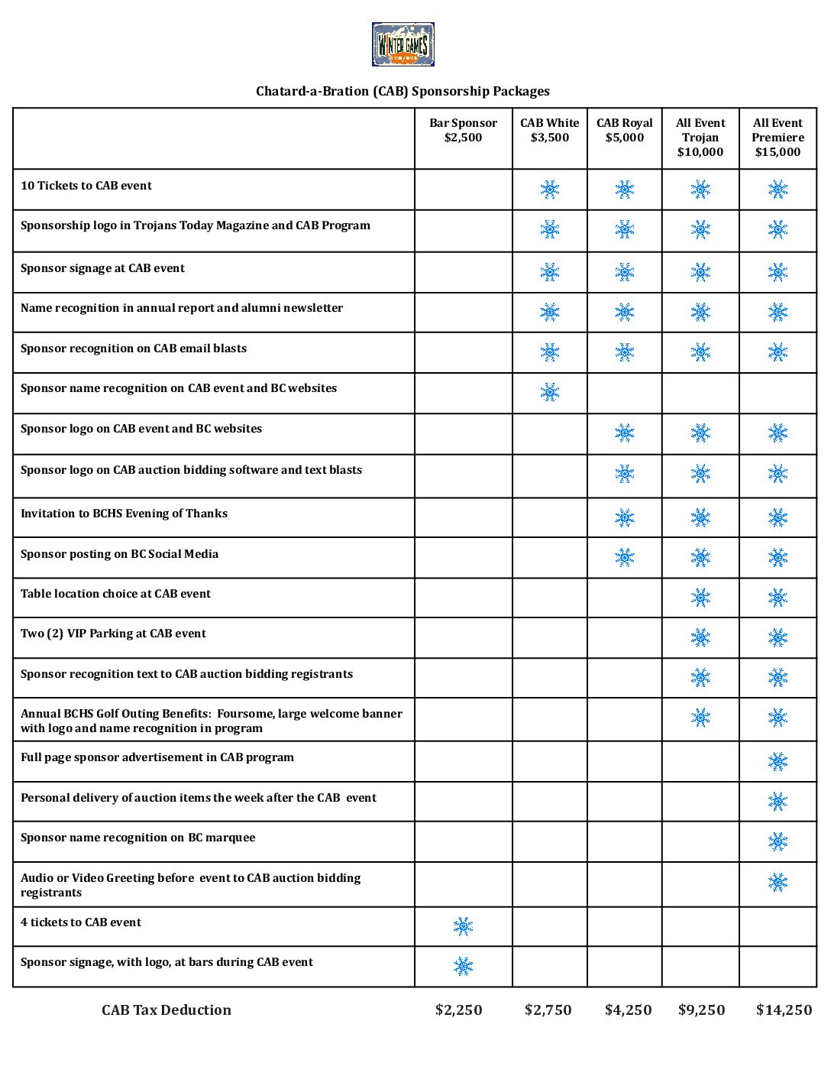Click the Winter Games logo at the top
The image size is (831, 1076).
coord(403,44)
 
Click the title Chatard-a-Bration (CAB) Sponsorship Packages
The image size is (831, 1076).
coord(403,91)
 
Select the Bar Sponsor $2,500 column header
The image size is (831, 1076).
coord(463,130)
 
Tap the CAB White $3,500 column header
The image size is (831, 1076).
coord(549,130)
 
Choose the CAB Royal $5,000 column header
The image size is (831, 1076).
coord(624,130)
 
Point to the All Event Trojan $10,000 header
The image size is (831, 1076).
coord(700,137)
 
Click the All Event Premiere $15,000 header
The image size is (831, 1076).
coord(778,137)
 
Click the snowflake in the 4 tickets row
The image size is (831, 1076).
coord(463,926)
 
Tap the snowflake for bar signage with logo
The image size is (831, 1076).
coord(463,966)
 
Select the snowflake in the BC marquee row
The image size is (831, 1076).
coord(778,841)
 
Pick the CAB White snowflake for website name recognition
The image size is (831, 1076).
coord(549,392)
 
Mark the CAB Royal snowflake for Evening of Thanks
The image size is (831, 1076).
coord(624,517)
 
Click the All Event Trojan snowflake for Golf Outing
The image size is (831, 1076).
coord(700,717)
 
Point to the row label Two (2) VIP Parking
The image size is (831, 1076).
coord(113,634)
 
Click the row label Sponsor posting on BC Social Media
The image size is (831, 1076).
coord(119,554)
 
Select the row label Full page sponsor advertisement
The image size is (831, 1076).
coord(157,757)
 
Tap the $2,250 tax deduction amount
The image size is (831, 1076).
coord(458,1010)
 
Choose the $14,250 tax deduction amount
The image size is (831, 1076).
coord(784,1010)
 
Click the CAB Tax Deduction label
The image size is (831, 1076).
coord(167,1010)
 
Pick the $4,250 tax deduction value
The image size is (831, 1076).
coord(628,1010)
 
